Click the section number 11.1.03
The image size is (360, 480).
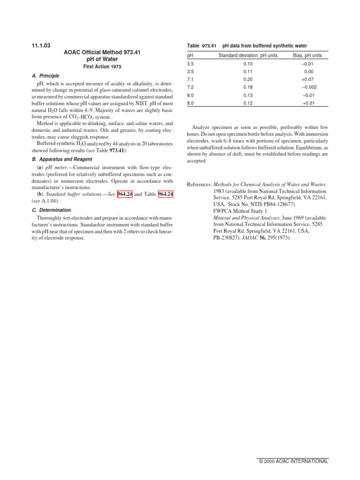click(x=40, y=45)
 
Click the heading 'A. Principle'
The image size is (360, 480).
click(x=46, y=75)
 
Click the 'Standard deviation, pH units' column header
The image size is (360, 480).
click(x=248, y=55)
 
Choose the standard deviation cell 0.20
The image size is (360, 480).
click(x=248, y=79)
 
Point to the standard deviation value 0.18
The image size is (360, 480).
click(x=248, y=87)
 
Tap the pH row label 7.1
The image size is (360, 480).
click(x=190, y=79)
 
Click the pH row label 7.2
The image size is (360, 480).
click(x=190, y=87)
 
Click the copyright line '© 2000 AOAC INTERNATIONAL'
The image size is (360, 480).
click(x=293, y=461)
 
